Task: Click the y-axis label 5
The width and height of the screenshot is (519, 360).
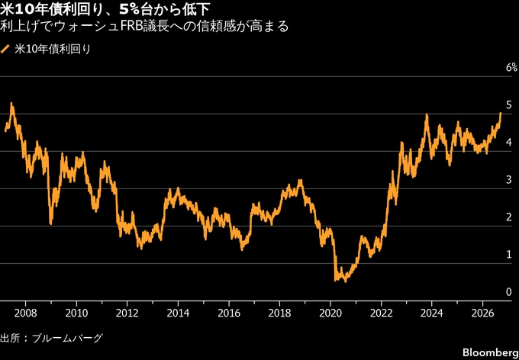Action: click(x=509, y=105)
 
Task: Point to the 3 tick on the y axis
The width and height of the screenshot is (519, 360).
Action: click(x=509, y=180)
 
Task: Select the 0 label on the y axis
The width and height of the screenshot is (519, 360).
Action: click(x=509, y=292)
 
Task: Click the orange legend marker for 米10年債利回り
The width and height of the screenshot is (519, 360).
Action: click(x=5, y=50)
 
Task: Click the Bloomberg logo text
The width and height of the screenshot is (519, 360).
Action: click(x=491, y=352)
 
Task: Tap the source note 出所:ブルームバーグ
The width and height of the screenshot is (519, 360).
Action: click(x=52, y=339)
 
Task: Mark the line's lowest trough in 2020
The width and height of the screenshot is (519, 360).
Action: click(x=346, y=281)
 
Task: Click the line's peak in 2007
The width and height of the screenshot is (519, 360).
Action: click(x=11, y=103)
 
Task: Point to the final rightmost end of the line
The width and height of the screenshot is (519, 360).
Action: click(x=501, y=113)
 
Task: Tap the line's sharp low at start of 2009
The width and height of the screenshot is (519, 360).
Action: click(x=50, y=224)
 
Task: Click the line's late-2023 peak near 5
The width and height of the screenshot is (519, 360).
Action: click(x=427, y=114)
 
